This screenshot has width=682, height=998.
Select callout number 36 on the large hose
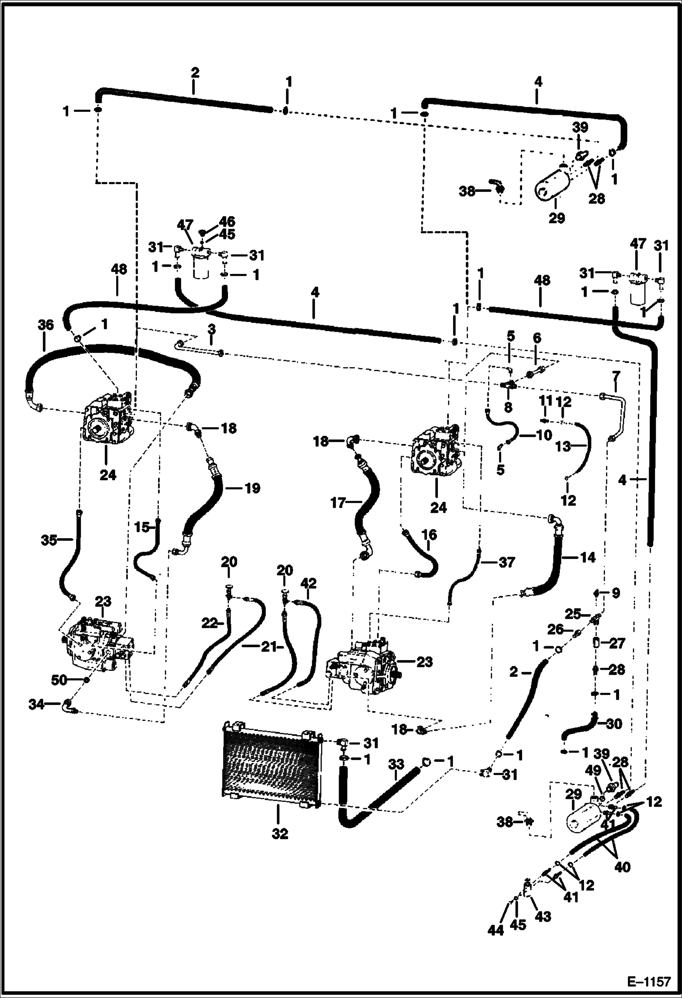click(46, 325)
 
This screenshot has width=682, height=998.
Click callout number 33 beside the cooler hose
click(396, 764)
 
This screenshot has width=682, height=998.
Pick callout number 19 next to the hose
click(252, 489)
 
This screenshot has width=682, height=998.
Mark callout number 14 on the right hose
click(588, 557)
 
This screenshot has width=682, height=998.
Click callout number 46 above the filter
click(227, 222)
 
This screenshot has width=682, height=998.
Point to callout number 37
click(506, 563)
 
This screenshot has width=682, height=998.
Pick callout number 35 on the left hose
click(48, 540)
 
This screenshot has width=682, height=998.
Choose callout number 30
click(614, 724)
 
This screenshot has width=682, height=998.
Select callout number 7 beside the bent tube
click(616, 376)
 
